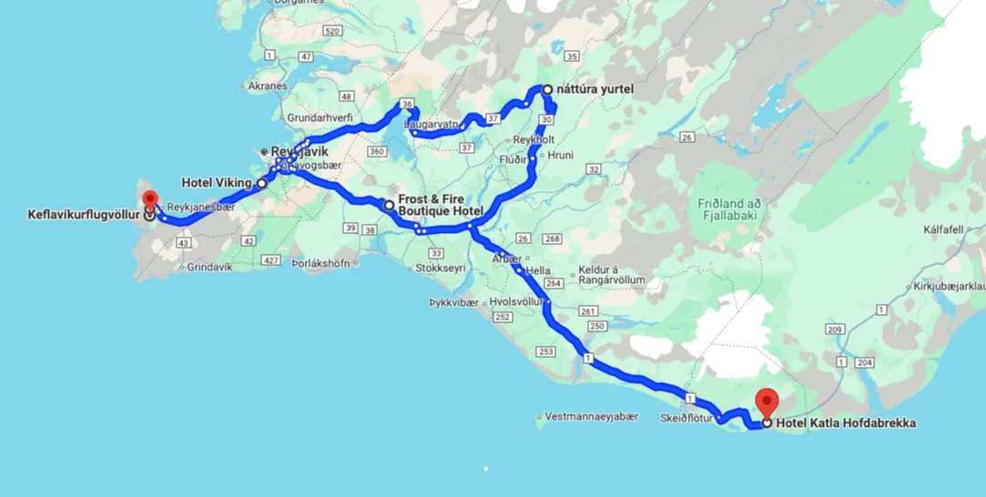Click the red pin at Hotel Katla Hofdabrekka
tap(767, 401)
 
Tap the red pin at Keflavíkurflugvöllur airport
tap(149, 200)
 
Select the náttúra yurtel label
tap(595, 89)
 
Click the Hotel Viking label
tap(217, 183)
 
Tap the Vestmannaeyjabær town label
tap(592, 417)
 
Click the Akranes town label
tap(268, 86)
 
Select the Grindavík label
tap(210, 267)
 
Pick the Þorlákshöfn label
tap(320, 262)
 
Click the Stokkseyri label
tap(440, 269)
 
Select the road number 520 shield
tap(331, 32)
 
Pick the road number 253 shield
tap(546, 350)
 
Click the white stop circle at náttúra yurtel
tap(547, 90)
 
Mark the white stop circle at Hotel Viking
tap(262, 183)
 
